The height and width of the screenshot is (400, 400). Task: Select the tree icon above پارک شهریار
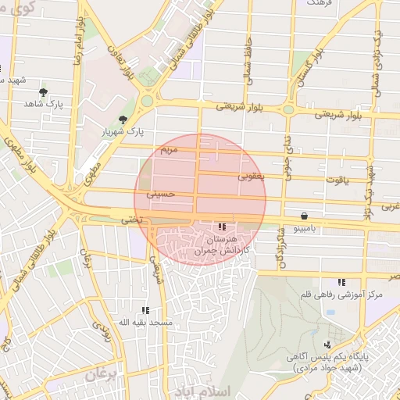point(123,120)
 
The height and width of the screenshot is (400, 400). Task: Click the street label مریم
point(169,148)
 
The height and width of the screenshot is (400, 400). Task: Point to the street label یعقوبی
point(252,177)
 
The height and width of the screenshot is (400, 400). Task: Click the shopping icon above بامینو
point(303,216)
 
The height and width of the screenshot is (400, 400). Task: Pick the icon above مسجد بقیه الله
point(145,310)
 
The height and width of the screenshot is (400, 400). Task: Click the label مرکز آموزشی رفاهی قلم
point(341,295)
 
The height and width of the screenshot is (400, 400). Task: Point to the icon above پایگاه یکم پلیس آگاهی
point(327,344)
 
